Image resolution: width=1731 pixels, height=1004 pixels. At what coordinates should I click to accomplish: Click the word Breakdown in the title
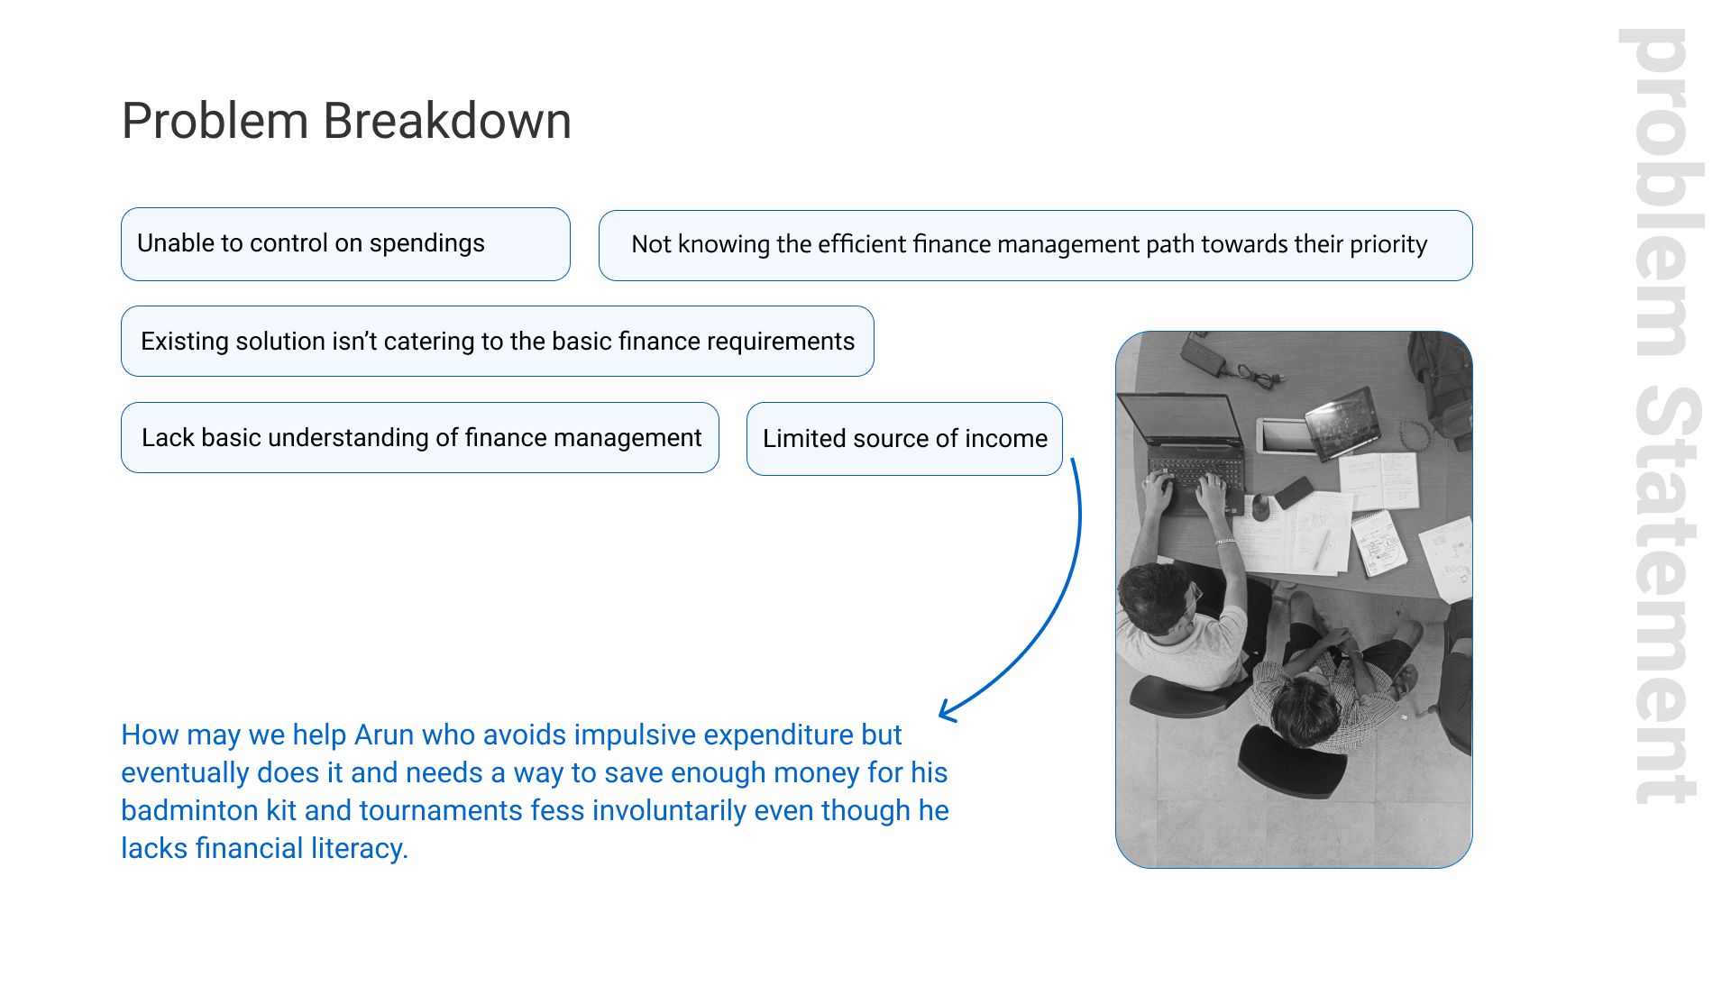click(x=447, y=121)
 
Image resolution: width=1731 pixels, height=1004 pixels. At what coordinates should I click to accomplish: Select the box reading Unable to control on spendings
click(x=345, y=244)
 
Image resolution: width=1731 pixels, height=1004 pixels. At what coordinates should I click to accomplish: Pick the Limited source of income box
click(x=904, y=439)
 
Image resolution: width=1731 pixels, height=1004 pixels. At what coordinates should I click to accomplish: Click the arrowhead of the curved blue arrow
click(x=947, y=711)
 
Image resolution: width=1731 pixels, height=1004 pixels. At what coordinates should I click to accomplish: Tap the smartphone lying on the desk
click(x=1293, y=492)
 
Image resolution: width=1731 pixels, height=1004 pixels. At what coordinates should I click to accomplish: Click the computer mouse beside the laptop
click(x=1260, y=507)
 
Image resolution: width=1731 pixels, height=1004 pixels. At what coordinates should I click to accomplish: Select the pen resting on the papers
click(x=1322, y=549)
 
